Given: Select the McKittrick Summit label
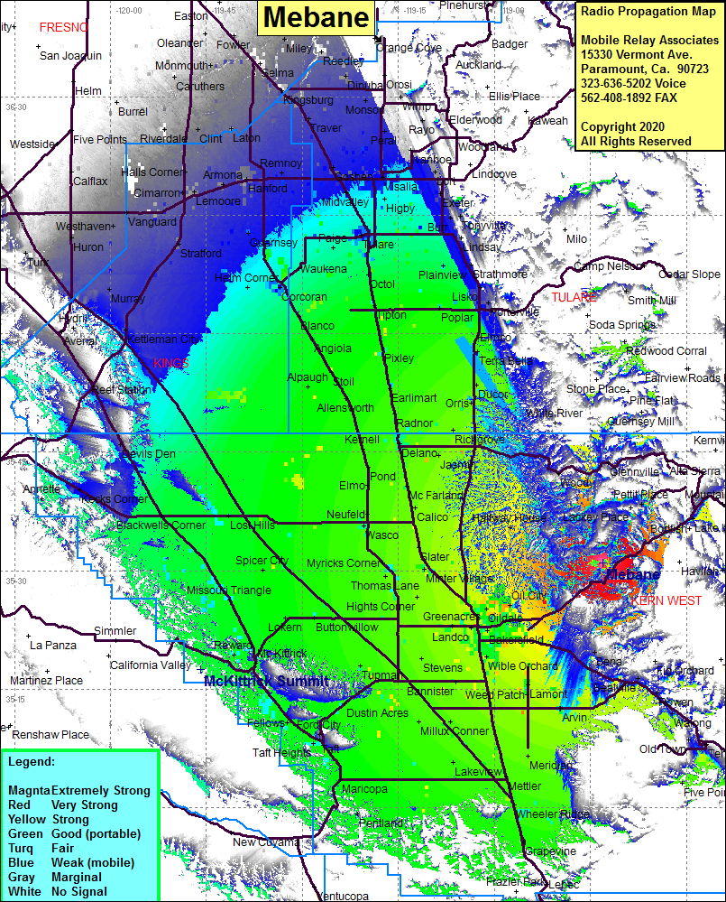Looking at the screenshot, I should [x=267, y=681].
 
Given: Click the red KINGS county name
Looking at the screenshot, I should [x=170, y=363].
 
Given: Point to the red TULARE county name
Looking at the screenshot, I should [x=574, y=297].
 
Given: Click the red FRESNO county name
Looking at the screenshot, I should [x=64, y=28].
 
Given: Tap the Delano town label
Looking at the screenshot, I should [x=419, y=452].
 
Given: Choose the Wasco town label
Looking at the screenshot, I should [x=382, y=535].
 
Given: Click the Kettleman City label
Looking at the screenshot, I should [x=164, y=339].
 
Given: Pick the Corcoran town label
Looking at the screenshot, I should [x=304, y=297].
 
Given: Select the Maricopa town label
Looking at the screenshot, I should [x=364, y=789].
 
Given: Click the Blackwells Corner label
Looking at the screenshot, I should [x=161, y=525].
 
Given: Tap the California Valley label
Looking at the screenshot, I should [x=150, y=665].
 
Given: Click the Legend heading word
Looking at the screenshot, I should [x=32, y=762].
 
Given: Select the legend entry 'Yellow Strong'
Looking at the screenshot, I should [x=49, y=819].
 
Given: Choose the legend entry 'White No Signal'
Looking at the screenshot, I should [x=57, y=891].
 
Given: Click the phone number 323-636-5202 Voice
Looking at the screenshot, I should [x=633, y=83].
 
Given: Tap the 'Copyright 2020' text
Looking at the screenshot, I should [x=623, y=126].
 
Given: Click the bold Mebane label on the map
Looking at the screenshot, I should [x=632, y=575].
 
